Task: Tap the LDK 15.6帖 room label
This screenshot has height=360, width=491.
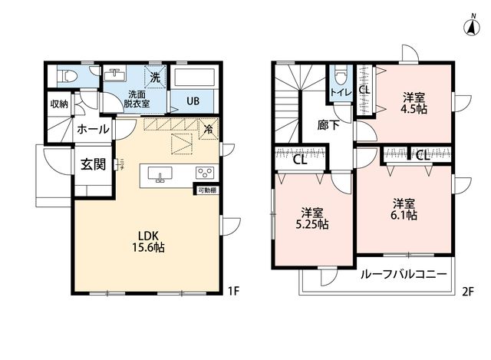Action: coord(148,241)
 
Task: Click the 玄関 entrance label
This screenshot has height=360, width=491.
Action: coord(94,164)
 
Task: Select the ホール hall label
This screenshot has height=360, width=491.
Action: coord(93,129)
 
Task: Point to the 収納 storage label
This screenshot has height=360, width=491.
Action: coord(59,104)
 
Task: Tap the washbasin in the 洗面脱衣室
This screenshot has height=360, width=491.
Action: coord(114,75)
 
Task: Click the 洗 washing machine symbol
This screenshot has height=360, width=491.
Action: coord(155,77)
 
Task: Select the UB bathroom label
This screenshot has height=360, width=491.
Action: coord(193,101)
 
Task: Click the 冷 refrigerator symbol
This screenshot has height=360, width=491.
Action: coord(208,129)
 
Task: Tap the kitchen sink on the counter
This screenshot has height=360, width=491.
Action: coord(160,174)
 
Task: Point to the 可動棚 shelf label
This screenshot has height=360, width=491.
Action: coord(207,190)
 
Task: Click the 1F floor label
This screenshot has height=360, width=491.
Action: coord(233,292)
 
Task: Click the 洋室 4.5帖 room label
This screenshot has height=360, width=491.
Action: coord(414,104)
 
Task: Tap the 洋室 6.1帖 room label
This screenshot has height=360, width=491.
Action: coord(404,210)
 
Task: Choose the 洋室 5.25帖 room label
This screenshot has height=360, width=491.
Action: coord(312,219)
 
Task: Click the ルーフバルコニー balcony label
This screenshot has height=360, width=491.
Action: coord(404,275)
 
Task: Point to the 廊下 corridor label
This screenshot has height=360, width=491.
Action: coord(328,125)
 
